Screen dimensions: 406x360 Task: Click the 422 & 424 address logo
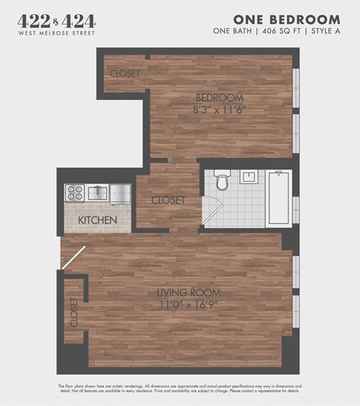coord(56,22)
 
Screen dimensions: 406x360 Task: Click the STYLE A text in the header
coord(322,31)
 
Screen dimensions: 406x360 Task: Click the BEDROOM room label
coord(220,98)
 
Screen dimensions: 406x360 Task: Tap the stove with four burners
coord(74,193)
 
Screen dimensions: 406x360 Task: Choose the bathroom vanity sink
coord(249,177)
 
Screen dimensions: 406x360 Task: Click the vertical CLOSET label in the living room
coord(73,313)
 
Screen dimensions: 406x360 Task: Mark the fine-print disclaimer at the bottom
coord(179,388)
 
